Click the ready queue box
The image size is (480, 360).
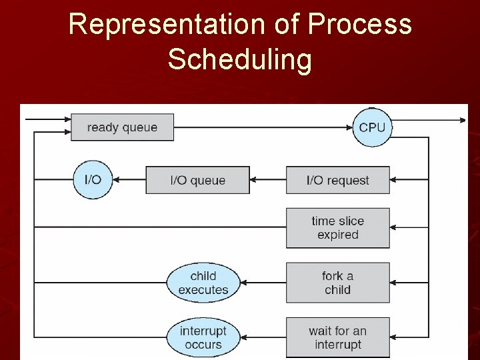click(122, 127)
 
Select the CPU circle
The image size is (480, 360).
click(372, 127)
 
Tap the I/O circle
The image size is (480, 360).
click(93, 180)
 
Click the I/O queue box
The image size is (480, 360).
click(197, 181)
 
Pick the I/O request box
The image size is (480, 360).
click(337, 181)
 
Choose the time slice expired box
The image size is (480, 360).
click(337, 228)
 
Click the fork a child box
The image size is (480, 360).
click(337, 283)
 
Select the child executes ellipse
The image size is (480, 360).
click(203, 283)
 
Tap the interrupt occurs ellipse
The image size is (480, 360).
click(203, 337)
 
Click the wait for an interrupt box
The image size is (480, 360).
click(337, 337)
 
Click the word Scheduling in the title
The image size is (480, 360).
click(239, 59)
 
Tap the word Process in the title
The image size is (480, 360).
click(359, 25)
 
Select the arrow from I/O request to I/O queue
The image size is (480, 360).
click(268, 180)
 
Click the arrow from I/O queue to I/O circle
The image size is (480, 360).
click(129, 180)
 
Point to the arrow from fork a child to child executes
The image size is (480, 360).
click(263, 283)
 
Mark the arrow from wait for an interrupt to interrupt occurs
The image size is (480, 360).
click(263, 337)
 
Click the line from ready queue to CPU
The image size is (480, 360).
click(263, 127)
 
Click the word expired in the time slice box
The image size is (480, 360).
click(338, 235)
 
